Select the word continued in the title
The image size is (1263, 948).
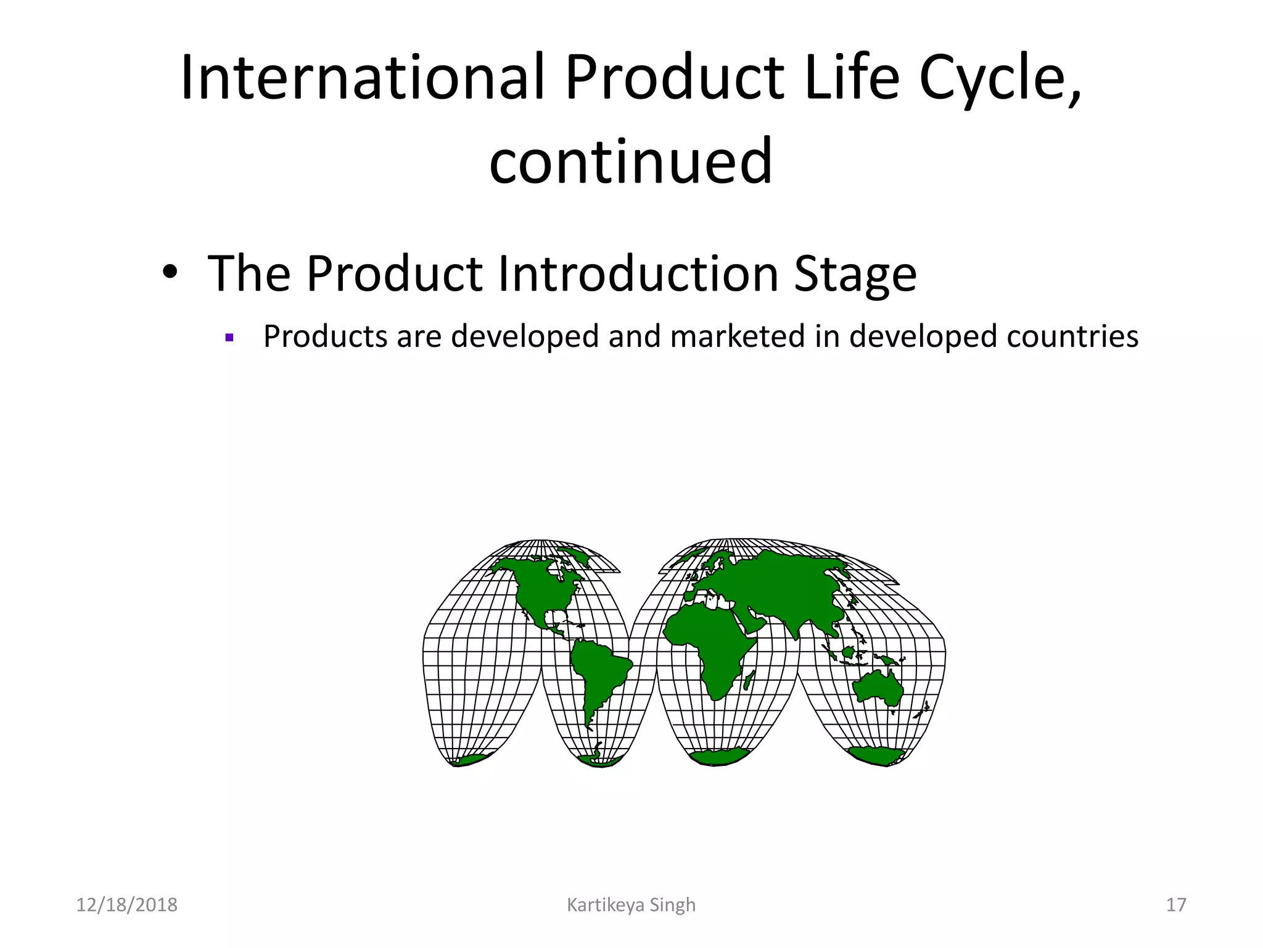click(x=630, y=162)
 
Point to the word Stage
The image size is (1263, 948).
click(x=855, y=273)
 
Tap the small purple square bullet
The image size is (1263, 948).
click(x=229, y=338)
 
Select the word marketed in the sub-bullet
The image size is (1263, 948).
click(x=737, y=337)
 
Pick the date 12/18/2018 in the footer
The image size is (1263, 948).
click(x=126, y=905)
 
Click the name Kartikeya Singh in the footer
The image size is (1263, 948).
click(x=630, y=905)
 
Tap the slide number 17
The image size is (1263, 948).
click(x=1175, y=905)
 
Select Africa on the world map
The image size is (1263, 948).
click(x=709, y=642)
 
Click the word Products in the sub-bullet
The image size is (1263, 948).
click(x=326, y=337)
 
